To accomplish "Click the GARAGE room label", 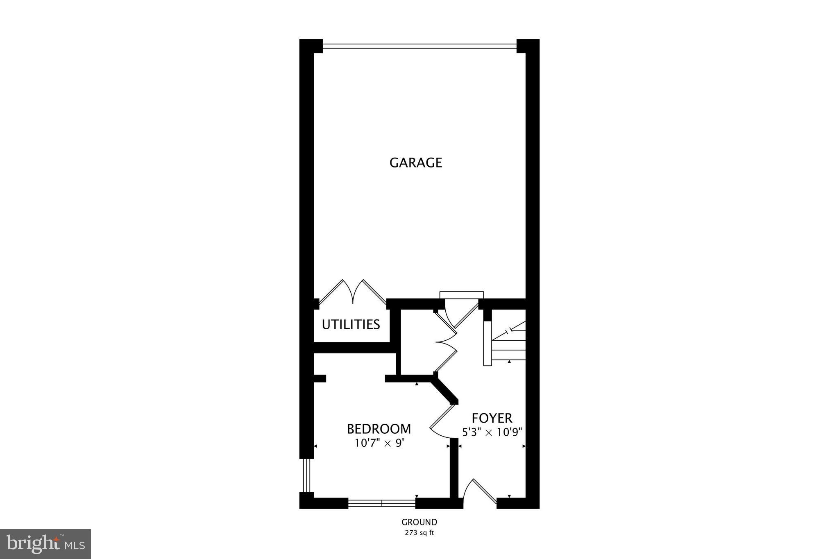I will pos(415,163).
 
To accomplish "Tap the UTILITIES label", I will pos(351,324).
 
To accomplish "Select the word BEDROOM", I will pos(379,429).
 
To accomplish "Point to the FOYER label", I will pos(492,418).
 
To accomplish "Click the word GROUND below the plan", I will pos(419,522).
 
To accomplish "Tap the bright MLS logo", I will pos(45,544).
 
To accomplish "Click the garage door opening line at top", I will pos(419,45).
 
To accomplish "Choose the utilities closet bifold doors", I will pos(353,292).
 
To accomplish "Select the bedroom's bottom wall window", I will pos(381,503).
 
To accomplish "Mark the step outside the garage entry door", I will pos(461,295).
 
